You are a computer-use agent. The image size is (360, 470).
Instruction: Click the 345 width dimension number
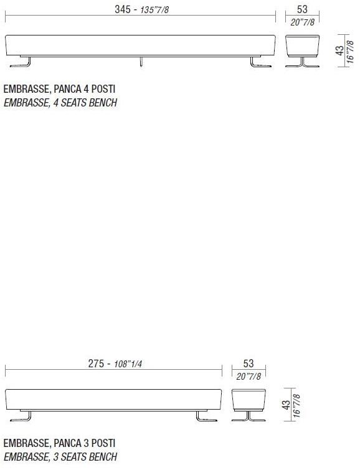pos(123,10)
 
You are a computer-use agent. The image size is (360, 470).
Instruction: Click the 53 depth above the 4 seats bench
pos(302,9)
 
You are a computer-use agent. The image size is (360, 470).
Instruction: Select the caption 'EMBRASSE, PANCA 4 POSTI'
pos(59,90)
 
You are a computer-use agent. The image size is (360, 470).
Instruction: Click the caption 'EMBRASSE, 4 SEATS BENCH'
pos(60,103)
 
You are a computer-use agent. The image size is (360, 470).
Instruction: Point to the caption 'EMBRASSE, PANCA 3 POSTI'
pos(59,444)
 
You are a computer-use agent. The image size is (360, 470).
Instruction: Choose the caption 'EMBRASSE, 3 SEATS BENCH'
pos(60,457)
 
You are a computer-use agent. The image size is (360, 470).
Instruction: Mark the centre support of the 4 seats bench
pos(141,60)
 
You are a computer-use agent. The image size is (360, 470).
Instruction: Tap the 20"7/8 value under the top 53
pos(302,22)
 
